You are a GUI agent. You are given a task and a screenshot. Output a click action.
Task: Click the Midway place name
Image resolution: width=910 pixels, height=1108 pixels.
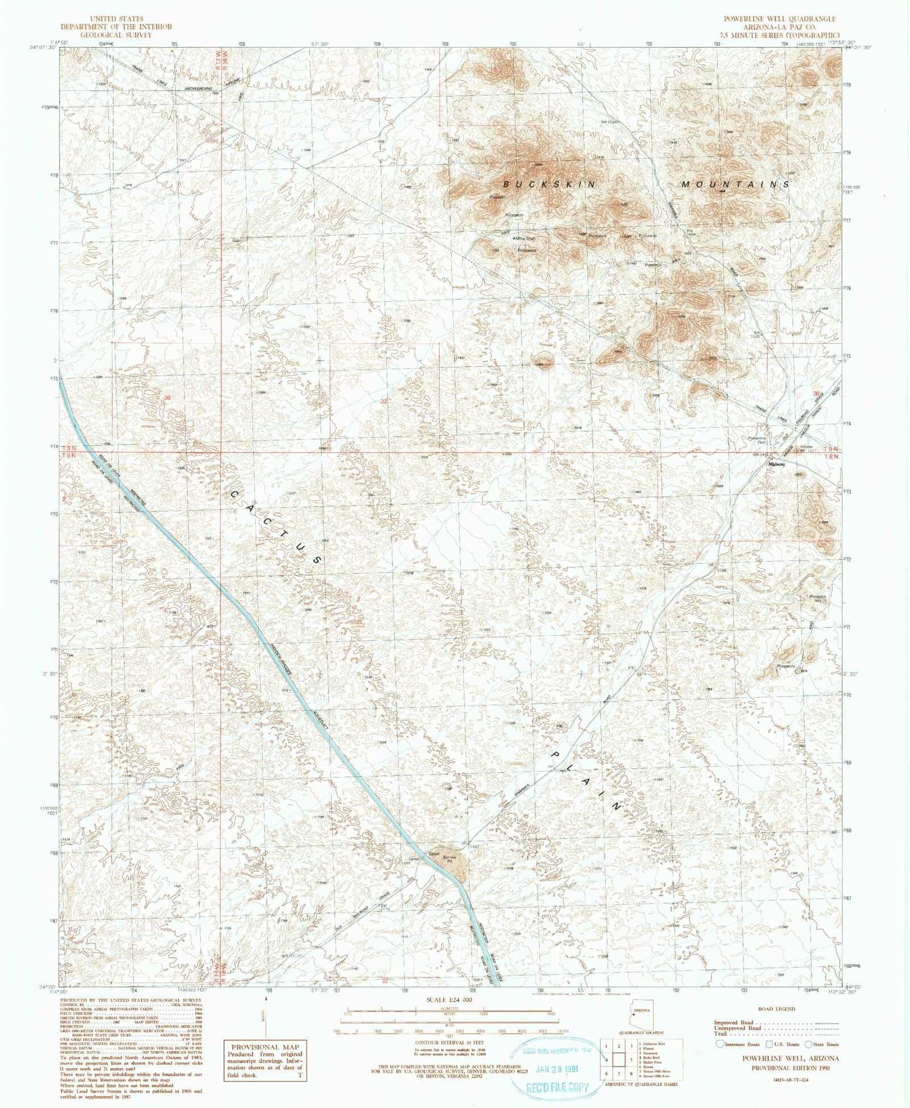[x=776, y=464]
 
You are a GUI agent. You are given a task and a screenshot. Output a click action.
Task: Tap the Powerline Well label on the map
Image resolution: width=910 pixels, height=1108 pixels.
[x=757, y=440]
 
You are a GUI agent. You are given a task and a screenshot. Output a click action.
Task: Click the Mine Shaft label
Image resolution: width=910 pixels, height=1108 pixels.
[x=525, y=239]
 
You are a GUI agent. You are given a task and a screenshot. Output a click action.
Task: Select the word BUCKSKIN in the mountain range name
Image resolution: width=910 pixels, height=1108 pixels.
[x=551, y=185]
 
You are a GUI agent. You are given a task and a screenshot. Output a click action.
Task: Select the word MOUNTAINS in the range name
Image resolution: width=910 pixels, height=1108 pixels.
[x=735, y=185]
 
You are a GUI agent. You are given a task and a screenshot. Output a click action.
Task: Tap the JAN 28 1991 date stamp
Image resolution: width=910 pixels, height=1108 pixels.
[x=557, y=1069]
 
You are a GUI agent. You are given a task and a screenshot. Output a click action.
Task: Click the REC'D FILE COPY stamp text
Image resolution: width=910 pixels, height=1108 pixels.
[x=557, y=1088]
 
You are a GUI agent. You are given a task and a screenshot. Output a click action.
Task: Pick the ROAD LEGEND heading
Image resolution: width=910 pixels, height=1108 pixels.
[x=777, y=1009]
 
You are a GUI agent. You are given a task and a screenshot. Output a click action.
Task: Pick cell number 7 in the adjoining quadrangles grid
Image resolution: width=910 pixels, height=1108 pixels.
[x=618, y=1073]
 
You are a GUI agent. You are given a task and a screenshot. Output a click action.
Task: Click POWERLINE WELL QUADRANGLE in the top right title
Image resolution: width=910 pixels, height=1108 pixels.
[x=779, y=19]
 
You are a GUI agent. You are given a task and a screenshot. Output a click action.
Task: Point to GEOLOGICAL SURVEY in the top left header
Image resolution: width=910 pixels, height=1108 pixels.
[x=116, y=35]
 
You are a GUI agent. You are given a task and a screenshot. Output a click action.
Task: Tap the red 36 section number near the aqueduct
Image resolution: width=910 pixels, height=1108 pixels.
[x=167, y=398]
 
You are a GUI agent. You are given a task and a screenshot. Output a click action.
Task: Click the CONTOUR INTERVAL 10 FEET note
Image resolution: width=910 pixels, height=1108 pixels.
[x=449, y=1043]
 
